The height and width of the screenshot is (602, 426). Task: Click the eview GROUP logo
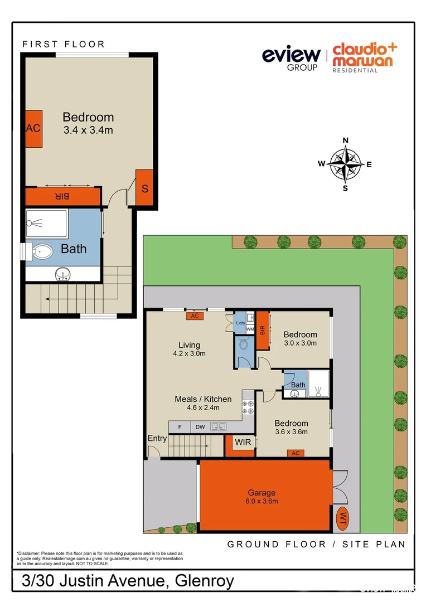click(291, 57)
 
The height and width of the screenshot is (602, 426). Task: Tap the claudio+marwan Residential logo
click(362, 57)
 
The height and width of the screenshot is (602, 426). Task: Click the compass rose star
click(345, 164)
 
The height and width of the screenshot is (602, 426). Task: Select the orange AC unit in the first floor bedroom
click(33, 128)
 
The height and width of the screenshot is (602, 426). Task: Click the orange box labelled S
click(144, 188)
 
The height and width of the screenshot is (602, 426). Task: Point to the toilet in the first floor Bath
click(41, 252)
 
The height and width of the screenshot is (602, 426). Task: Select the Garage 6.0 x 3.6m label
click(262, 497)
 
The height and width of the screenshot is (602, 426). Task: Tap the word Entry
click(157, 439)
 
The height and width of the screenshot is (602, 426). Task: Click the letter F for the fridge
click(179, 428)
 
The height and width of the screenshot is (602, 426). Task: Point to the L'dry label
click(241, 323)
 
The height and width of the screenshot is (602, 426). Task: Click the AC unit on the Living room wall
click(195, 316)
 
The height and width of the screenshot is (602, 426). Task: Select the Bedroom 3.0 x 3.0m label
click(300, 338)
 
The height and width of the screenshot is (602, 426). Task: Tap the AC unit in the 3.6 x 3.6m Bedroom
click(296, 453)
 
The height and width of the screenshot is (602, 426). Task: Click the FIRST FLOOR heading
click(63, 44)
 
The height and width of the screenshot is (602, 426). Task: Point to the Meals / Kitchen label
click(203, 402)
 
